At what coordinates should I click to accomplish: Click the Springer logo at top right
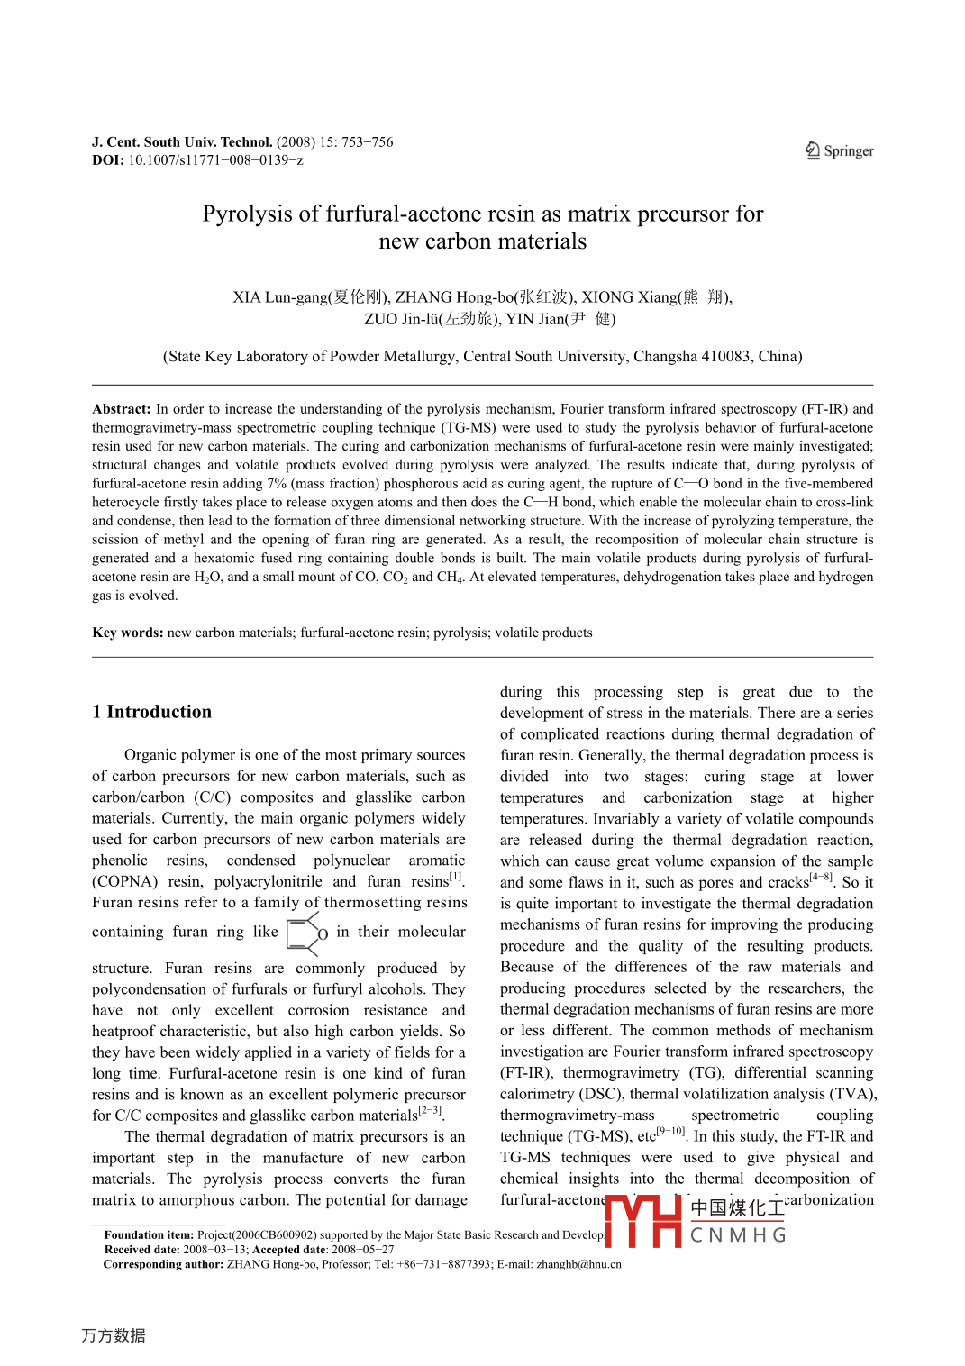[839, 150]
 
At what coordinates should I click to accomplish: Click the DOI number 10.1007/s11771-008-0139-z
[215, 160]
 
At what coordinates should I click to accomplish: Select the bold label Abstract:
[122, 409]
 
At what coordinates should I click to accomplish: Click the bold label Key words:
[128, 633]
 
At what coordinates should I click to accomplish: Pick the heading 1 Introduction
[151, 712]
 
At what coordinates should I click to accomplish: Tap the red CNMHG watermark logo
[694, 1222]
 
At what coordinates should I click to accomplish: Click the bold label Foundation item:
[149, 1235]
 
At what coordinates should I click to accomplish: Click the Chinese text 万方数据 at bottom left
[114, 1335]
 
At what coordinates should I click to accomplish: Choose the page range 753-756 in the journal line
[367, 142]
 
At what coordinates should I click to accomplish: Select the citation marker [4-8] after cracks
[821, 877]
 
